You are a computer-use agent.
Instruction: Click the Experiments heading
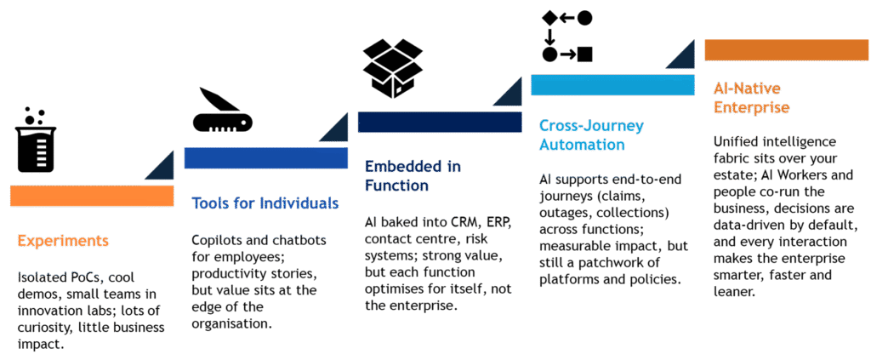63,241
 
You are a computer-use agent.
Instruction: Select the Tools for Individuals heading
265,203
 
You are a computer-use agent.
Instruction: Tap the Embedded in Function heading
413,174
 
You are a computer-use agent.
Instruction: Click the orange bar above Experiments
92,196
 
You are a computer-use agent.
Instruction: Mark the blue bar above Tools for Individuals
265,158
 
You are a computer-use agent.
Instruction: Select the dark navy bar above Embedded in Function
439,122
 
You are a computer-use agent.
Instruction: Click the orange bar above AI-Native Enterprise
786,50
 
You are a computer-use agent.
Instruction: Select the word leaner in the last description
733,291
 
